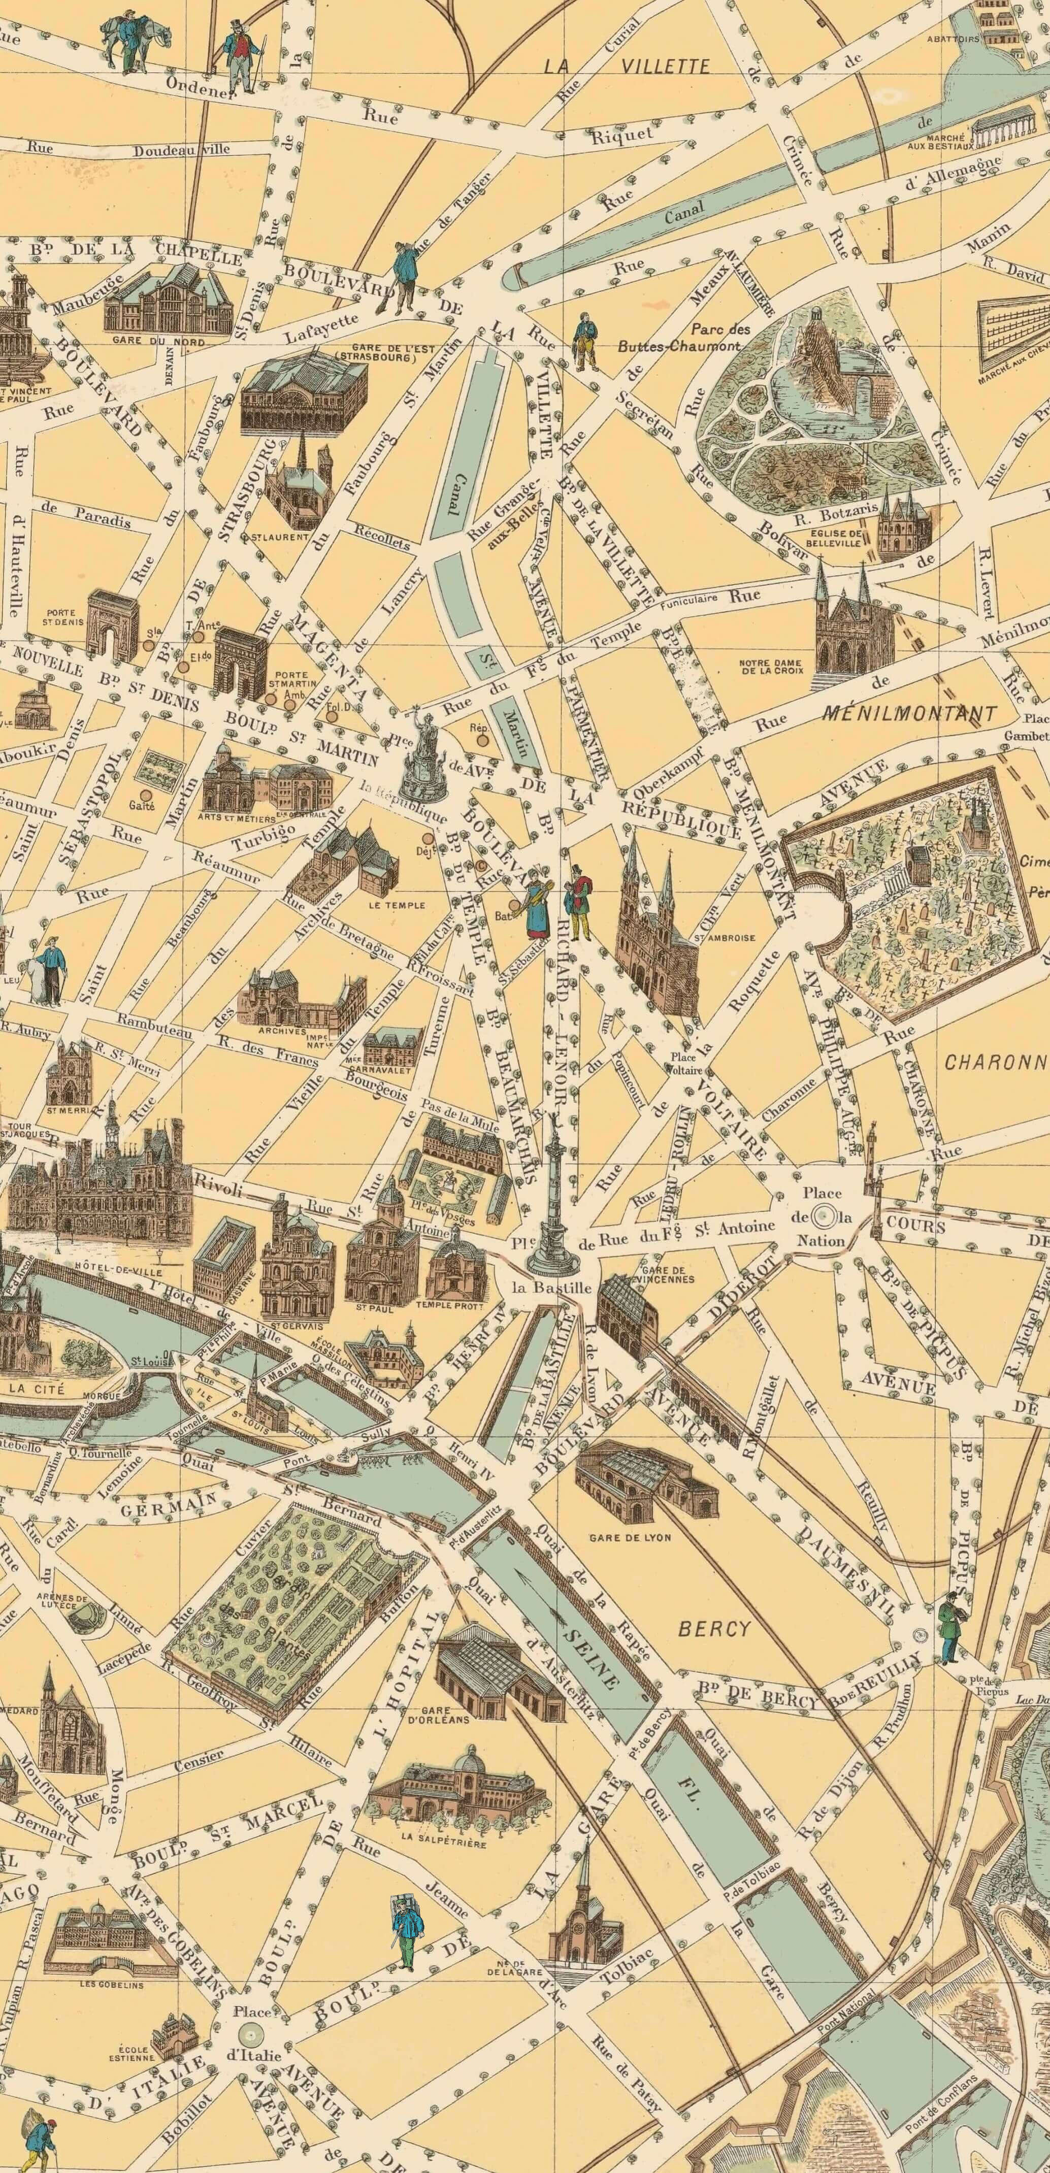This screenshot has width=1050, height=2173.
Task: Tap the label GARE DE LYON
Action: (x=630, y=1537)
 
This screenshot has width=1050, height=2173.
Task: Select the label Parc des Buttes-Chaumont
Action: (x=680, y=338)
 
